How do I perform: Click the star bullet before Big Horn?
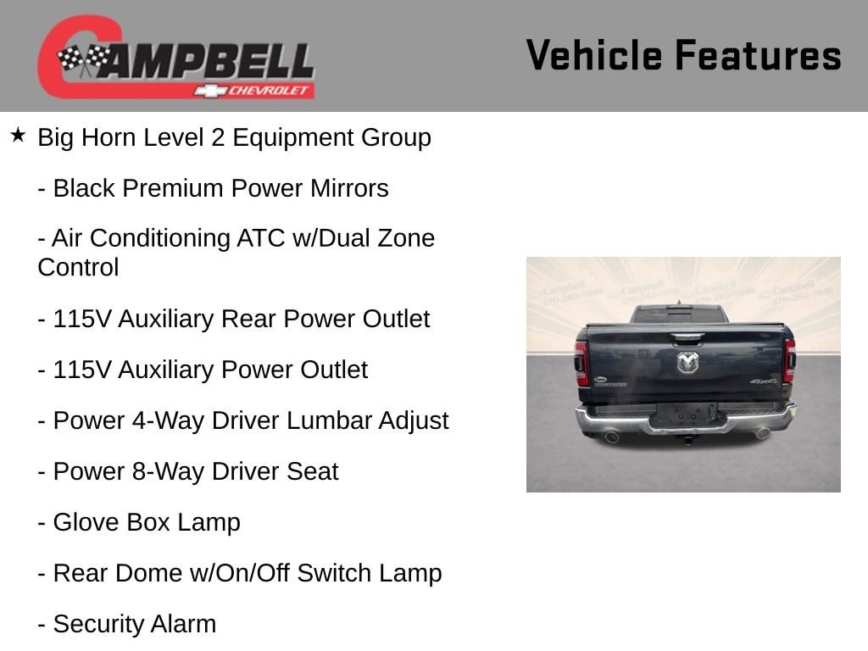[18, 135]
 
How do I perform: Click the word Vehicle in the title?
[594, 55]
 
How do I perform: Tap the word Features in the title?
[759, 55]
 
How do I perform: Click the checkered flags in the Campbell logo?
[83, 58]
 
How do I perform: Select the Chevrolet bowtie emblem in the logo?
[211, 91]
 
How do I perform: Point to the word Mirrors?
[349, 188]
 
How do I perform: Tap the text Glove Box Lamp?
[147, 522]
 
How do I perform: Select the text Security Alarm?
[135, 625]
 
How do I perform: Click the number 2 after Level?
[218, 138]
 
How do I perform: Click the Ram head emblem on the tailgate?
[687, 363]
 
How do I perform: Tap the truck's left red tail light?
[581, 363]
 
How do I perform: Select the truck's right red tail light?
[790, 361]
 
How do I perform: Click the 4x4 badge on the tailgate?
[764, 381]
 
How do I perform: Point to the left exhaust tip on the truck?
[612, 437]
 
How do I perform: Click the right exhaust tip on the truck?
[763, 433]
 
